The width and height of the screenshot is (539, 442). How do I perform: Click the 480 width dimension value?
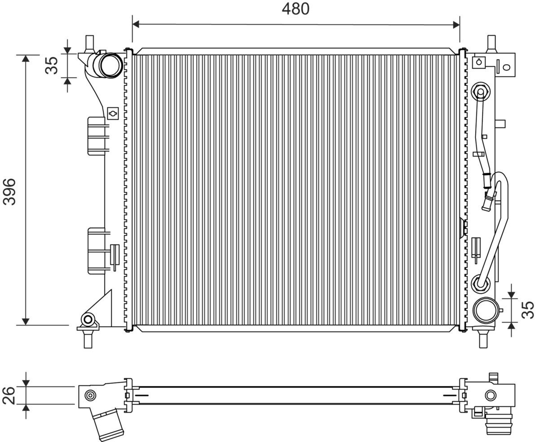click(x=296, y=9)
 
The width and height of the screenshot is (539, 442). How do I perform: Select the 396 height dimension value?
click(x=9, y=191)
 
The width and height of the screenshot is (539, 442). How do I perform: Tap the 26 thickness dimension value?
click(x=9, y=395)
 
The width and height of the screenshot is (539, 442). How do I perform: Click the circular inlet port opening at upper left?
click(x=110, y=65)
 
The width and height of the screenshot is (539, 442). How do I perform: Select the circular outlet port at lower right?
click(x=485, y=310)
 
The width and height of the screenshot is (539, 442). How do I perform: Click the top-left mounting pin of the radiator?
click(x=89, y=43)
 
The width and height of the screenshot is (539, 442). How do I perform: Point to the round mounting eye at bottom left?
click(x=88, y=319)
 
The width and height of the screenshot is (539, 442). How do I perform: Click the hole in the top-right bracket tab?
click(x=507, y=67)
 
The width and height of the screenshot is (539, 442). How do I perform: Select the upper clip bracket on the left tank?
click(x=97, y=136)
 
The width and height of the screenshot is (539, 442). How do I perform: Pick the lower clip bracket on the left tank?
click(x=97, y=251)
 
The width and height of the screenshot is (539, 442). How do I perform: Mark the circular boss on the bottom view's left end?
click(x=91, y=395)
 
